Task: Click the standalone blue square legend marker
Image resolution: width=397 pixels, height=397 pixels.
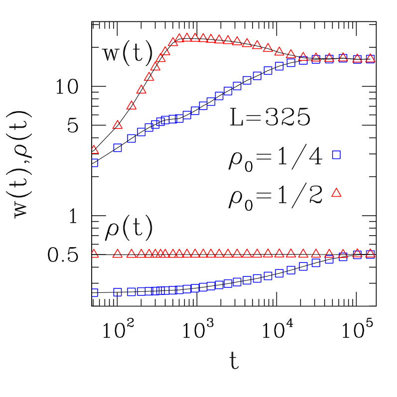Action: tap(336, 155)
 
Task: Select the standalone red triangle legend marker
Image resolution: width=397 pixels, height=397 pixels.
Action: tap(336, 193)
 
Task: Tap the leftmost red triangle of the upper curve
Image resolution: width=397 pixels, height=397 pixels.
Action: tap(94, 149)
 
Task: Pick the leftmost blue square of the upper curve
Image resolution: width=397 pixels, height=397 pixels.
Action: tap(94, 162)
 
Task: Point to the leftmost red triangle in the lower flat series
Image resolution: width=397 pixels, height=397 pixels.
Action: tap(94, 254)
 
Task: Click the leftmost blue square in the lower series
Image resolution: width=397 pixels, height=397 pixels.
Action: tap(94, 292)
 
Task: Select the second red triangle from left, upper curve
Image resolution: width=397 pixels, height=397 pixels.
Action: tap(118, 125)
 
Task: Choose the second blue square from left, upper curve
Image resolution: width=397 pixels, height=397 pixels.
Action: tap(118, 147)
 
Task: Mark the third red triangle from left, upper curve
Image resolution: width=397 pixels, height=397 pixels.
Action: tap(132, 105)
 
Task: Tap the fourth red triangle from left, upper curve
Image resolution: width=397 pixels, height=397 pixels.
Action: tap(141, 89)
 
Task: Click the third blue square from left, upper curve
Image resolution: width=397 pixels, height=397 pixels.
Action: tap(132, 138)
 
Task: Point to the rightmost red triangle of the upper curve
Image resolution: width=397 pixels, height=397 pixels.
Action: tap(370, 58)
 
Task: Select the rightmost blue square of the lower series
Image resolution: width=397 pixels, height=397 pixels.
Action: tap(370, 254)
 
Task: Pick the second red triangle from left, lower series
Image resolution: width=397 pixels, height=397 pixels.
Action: tap(118, 254)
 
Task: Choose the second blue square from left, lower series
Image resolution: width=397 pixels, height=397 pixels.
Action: tap(118, 292)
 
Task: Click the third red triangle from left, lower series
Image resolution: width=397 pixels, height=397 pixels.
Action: tap(132, 254)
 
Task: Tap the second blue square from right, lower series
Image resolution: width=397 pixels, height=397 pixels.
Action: tap(357, 255)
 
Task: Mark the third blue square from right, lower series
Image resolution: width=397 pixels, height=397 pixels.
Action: tap(343, 257)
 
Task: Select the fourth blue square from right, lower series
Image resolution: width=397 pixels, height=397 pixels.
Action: tap(329, 260)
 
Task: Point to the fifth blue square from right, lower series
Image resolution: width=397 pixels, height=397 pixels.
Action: tap(316, 263)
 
